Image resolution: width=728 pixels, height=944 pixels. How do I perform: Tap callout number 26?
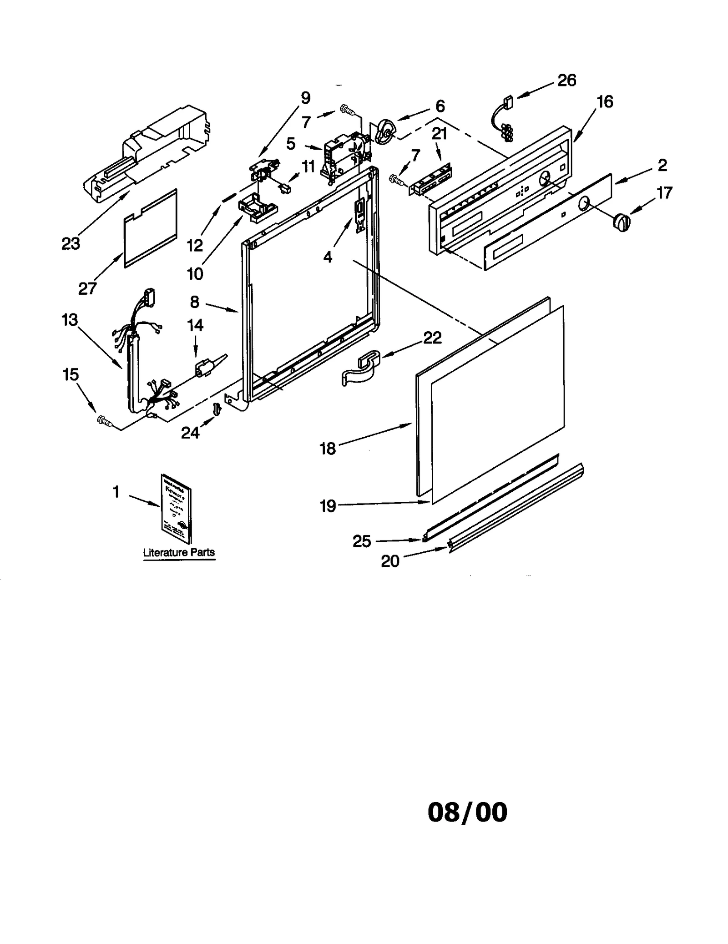(566, 81)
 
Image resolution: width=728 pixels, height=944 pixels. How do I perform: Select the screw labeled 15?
(104, 421)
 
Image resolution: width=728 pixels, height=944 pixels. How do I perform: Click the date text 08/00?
(467, 813)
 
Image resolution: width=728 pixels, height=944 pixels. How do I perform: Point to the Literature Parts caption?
(179, 552)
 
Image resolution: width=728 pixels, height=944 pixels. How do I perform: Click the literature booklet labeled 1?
(176, 508)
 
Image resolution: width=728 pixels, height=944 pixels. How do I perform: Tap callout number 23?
(71, 244)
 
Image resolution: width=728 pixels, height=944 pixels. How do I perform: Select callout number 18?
(328, 449)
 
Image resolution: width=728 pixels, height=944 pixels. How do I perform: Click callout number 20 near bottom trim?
(390, 561)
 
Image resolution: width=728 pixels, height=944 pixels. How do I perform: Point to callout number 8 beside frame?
(194, 302)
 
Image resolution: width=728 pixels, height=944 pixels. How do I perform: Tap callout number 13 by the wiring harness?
(70, 320)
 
